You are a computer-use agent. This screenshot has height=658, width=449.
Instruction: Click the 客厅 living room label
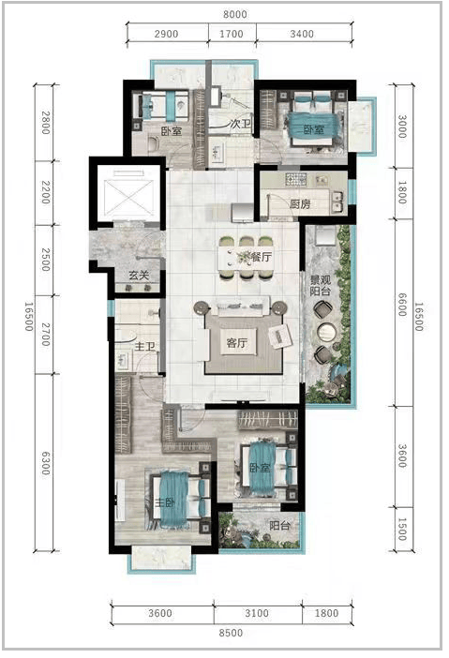pos(236,343)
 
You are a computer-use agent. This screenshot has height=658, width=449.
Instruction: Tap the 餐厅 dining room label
pos(261,257)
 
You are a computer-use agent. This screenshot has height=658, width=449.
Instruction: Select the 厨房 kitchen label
pos(300,204)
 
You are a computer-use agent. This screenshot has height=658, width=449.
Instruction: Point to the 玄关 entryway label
pos(139,276)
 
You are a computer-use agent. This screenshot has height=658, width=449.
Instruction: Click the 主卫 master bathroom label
pos(144,346)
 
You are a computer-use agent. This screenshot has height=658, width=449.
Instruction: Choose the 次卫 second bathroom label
pos(241,124)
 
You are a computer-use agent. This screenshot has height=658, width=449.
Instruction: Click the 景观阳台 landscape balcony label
pos(321,285)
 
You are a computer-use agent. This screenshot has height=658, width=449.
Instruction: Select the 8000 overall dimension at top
pos(235,15)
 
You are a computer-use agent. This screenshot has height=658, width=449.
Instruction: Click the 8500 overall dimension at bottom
pos(231,633)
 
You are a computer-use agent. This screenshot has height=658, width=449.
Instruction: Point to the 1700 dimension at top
pos(232,34)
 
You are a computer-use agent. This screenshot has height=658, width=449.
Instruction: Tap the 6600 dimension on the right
pos(401,305)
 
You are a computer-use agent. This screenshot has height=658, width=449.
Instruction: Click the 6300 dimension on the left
pos(45,463)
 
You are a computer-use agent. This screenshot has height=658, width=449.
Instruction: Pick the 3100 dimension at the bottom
pos(257,613)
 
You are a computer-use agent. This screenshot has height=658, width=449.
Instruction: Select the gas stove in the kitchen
pos(296,180)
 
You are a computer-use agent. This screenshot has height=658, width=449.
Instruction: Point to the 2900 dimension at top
pos(166,34)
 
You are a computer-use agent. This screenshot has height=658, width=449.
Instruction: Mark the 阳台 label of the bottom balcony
pos(279,526)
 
